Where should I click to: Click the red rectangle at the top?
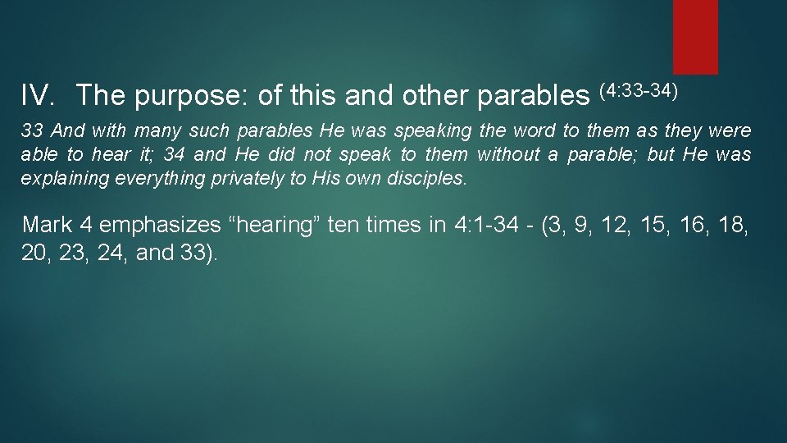695,36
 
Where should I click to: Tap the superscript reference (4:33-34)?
639,89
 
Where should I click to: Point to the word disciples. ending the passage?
424,178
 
